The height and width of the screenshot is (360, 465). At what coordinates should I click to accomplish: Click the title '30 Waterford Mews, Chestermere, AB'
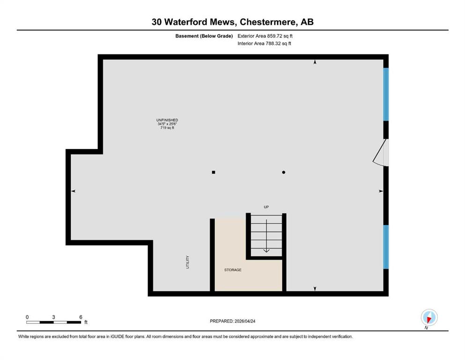tap(232, 22)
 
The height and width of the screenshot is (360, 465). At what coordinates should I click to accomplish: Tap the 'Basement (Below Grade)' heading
tap(204, 36)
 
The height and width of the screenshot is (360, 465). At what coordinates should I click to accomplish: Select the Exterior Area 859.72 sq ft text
tap(265, 36)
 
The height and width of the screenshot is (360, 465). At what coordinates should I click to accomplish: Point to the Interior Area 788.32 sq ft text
tap(264, 43)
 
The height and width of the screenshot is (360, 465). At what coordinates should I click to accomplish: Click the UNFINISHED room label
tap(167, 120)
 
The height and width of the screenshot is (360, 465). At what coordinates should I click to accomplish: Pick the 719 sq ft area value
tap(167, 127)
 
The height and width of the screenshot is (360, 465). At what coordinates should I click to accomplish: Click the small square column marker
tap(214, 172)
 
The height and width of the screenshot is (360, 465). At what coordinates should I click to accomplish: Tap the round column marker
tap(284, 172)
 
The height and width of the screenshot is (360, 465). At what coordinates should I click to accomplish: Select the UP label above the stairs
tap(266, 207)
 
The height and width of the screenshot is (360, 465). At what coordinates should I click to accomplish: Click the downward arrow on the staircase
tap(266, 236)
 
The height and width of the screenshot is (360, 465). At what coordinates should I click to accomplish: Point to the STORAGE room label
tap(233, 270)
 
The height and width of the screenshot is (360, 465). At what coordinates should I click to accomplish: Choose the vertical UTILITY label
tap(187, 262)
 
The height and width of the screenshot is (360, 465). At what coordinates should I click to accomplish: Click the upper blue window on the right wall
tap(386, 94)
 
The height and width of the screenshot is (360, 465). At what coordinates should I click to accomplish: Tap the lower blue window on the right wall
tap(386, 247)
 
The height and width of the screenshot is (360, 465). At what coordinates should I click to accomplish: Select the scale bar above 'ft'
tap(54, 322)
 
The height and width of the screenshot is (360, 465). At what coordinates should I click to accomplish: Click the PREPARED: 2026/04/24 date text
tap(232, 321)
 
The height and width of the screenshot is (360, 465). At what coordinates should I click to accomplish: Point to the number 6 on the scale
tap(81, 317)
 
